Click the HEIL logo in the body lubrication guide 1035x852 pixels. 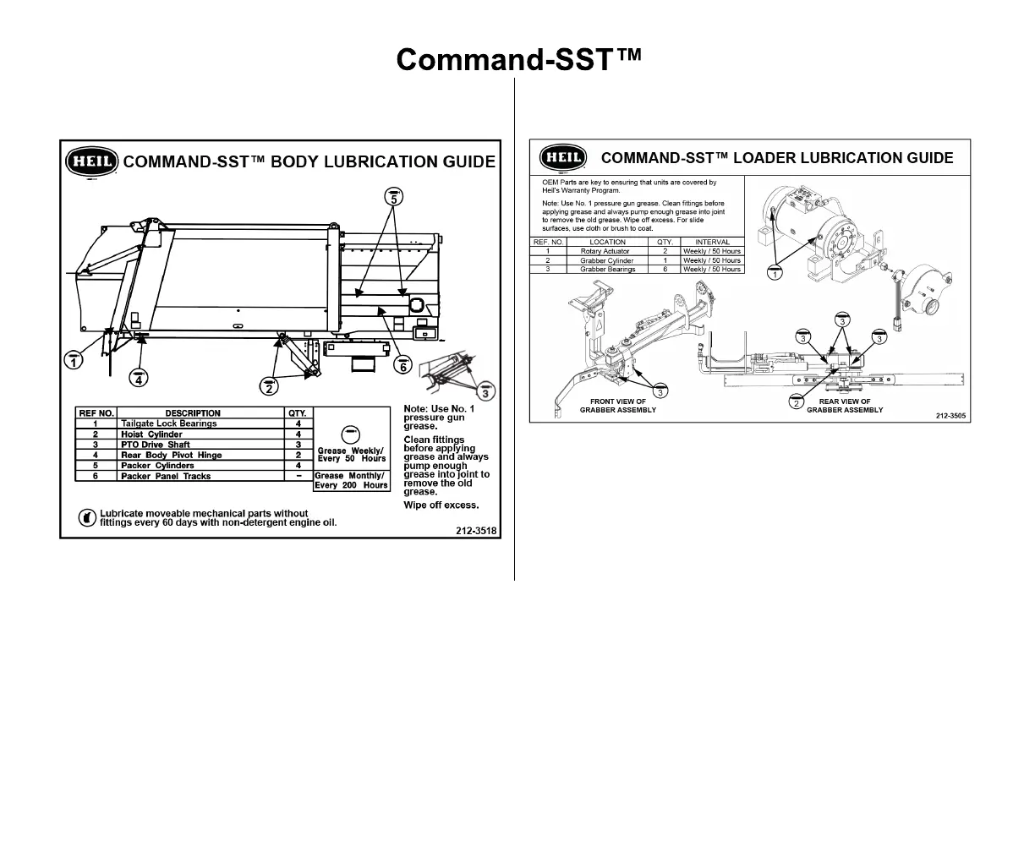(90, 161)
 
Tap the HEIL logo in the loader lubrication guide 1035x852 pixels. (562, 157)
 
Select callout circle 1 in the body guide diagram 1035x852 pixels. (74, 359)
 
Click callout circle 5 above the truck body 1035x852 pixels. (393, 197)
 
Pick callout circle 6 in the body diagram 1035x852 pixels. (402, 365)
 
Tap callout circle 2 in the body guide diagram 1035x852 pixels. (269, 386)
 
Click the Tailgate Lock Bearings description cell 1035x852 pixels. (168, 423)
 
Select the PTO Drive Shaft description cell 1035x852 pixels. (156, 445)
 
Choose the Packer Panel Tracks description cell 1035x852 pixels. (166, 476)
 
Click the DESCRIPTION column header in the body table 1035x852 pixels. (193, 413)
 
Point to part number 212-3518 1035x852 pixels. (476, 532)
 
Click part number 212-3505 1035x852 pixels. (950, 416)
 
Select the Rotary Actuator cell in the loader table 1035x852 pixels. (605, 251)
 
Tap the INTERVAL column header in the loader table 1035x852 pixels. (711, 242)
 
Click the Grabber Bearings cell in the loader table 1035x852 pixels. (607, 269)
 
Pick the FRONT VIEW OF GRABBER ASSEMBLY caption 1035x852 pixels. (617, 406)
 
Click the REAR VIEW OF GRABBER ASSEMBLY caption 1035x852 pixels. (845, 406)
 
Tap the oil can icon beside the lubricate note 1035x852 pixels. (86, 517)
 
